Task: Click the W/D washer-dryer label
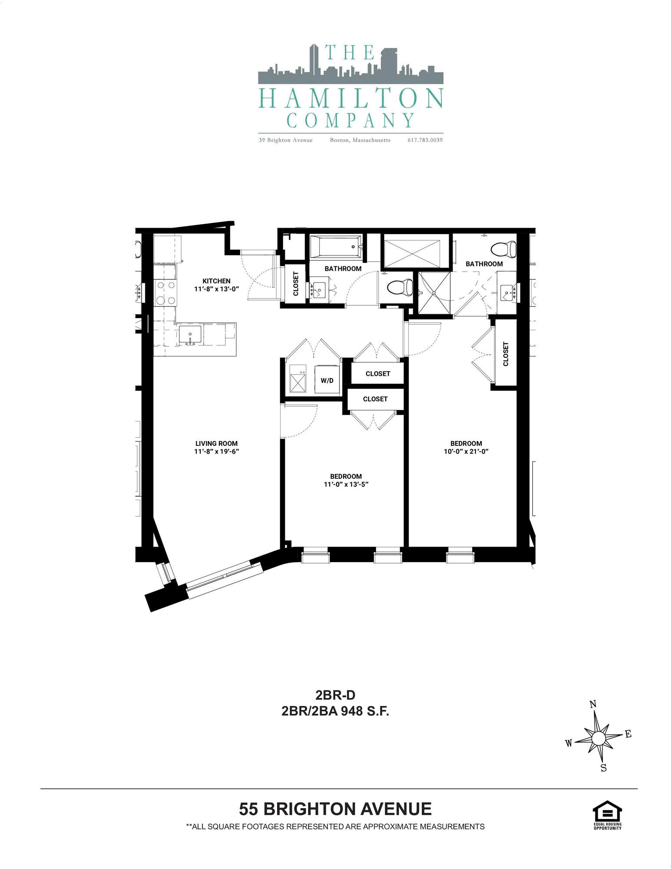point(327,381)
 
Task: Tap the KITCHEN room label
point(216,281)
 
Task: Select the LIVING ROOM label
point(216,444)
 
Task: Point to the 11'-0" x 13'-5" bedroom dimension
point(346,484)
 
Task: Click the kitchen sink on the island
point(191,335)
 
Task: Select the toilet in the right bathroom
point(503,250)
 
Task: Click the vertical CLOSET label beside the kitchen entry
point(296,284)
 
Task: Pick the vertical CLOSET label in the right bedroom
point(506,354)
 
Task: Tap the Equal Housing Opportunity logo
point(607,816)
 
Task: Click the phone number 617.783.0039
point(425,140)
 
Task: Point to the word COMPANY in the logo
point(350,120)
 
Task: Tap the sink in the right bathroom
point(507,293)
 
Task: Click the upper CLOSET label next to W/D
point(378,374)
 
